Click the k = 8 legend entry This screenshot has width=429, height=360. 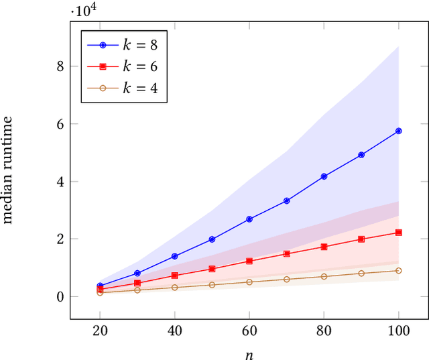124,46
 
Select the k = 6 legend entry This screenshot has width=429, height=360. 124,66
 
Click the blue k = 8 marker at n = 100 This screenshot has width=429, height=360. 399,131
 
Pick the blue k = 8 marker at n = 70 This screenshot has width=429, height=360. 287,200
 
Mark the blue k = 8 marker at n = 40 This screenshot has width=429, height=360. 175,256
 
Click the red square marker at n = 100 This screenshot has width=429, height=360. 399,233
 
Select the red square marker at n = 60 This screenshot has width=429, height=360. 249,261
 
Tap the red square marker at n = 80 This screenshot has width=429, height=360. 324,247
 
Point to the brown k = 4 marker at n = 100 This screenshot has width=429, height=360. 399,270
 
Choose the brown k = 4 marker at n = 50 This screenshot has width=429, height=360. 212,285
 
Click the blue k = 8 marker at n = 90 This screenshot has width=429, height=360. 361,155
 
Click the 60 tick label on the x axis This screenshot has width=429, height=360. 249,331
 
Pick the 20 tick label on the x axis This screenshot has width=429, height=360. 100,331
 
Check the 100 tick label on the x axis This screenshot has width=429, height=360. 399,331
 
